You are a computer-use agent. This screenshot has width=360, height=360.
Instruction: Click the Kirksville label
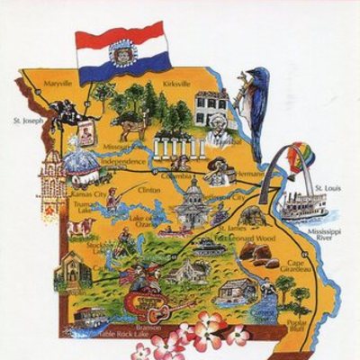coord(177,84)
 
